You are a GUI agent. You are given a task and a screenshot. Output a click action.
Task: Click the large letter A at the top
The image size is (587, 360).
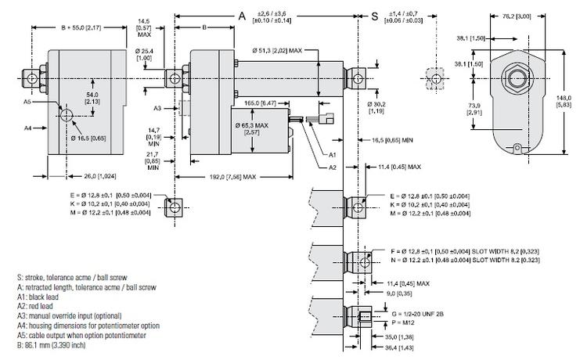pyautogui.click(x=241, y=15)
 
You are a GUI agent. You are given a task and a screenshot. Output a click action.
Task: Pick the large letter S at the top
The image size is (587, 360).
pyautogui.click(x=374, y=16)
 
